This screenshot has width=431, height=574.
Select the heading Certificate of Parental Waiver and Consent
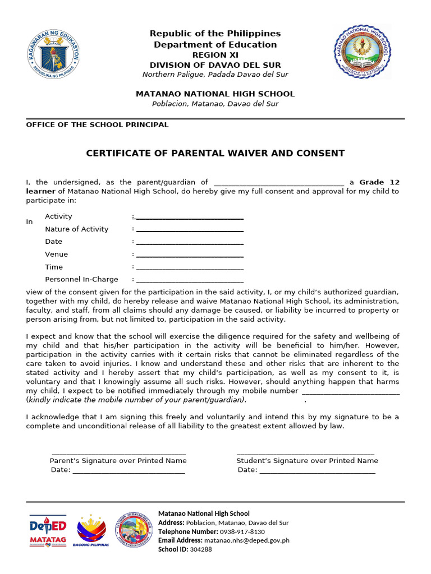pyautogui.click(x=215, y=154)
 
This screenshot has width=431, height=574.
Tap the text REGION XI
pyautogui.click(x=215, y=55)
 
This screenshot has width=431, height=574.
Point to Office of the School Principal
pyautogui.click(x=97, y=124)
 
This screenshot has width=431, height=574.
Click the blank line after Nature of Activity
pyautogui.click(x=190, y=230)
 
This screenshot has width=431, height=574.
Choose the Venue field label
pyautogui.click(x=56, y=254)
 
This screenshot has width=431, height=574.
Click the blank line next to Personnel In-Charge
pyautogui.click(x=190, y=280)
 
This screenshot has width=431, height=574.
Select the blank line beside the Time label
pyautogui.click(x=190, y=268)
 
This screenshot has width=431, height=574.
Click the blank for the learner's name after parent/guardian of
pyautogui.click(x=279, y=183)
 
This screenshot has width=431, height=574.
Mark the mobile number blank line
pyautogui.click(x=351, y=392)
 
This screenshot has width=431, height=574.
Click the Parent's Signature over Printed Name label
pyautogui.click(x=118, y=461)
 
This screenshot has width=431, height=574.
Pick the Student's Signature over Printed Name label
pyautogui.click(x=307, y=461)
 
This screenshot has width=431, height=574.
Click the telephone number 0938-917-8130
pyautogui.click(x=242, y=531)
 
